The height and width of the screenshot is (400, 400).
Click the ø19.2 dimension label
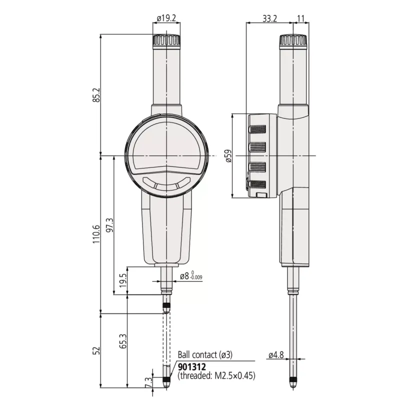pyautogui.click(x=166, y=18)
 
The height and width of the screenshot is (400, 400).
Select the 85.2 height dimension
pyautogui.click(x=96, y=95)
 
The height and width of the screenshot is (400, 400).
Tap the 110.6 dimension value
pyautogui.click(x=96, y=234)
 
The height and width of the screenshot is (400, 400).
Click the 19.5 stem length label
pyautogui.click(x=123, y=280)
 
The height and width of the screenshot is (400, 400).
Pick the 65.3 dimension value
pyautogui.click(x=123, y=341)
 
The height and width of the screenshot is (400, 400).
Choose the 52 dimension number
pyautogui.click(x=96, y=350)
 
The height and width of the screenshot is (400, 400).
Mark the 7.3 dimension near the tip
pyautogui.click(x=148, y=382)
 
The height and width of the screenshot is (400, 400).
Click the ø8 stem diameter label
pyautogui.click(x=184, y=276)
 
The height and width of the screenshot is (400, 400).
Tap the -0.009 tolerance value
pyautogui.click(x=196, y=277)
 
